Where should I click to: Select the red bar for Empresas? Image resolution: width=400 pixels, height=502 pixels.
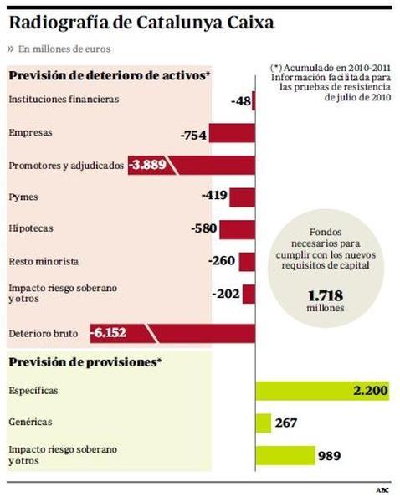click(231, 134)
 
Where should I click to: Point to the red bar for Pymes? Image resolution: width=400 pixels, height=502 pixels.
click(242, 197)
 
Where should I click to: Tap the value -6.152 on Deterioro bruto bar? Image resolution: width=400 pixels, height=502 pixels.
click(110, 332)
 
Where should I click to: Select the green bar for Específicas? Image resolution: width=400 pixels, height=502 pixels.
click(310, 391)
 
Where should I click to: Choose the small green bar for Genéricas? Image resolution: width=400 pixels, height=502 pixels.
click(262, 423)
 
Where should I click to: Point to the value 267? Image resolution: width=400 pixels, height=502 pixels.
click(286, 423)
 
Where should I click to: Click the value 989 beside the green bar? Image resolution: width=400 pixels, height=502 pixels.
click(329, 456)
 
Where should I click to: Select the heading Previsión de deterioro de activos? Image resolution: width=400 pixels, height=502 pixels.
click(108, 76)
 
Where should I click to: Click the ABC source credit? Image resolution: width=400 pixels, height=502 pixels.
click(382, 489)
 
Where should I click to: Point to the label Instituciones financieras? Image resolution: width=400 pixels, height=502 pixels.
click(64, 100)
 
